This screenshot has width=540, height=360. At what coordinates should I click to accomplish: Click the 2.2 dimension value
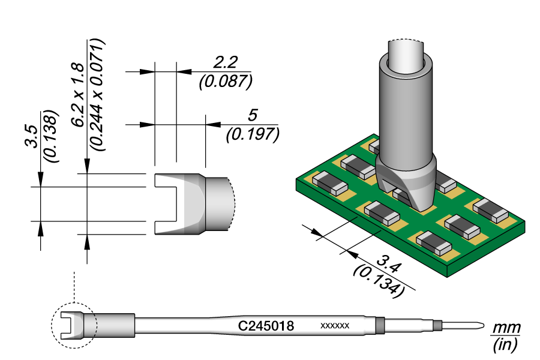click(x=226, y=62)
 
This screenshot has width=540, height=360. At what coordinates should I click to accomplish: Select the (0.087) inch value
click(x=225, y=81)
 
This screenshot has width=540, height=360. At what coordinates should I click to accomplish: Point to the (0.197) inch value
click(x=253, y=134)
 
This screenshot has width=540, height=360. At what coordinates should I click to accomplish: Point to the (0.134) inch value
click(x=378, y=280)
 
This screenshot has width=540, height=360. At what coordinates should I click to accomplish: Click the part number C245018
click(x=266, y=326)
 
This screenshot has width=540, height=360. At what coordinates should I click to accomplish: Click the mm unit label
click(x=506, y=328)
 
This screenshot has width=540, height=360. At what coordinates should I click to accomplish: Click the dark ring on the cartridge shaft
click(x=379, y=326)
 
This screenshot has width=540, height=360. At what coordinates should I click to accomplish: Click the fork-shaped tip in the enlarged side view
click(x=180, y=204)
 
